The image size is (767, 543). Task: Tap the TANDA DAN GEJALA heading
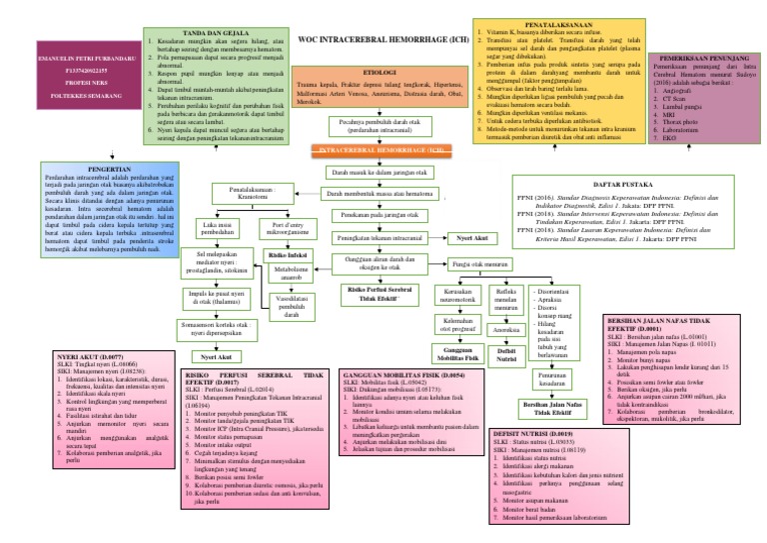pyautogui.click(x=189, y=32)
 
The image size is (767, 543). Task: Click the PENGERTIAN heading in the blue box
pyautogui.click(x=77, y=169)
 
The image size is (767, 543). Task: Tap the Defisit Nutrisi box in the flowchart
pyautogui.click(x=508, y=353)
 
